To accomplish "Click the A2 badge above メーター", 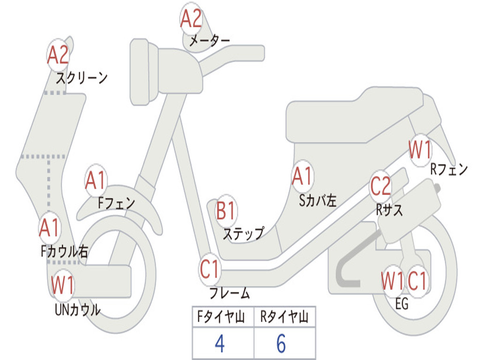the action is (191, 20).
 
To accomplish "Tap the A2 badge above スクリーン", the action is (58, 55).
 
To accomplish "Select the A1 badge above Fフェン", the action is (96, 180).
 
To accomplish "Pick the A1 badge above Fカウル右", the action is (49, 228).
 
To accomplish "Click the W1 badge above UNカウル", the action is (63, 285).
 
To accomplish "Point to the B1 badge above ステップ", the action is (226, 211).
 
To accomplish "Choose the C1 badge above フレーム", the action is (210, 270).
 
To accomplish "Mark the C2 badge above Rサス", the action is (380, 186).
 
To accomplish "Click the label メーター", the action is (210, 41).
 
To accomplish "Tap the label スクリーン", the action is (82, 78).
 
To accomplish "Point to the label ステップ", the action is (243, 233).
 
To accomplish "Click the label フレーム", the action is (230, 294).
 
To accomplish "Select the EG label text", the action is (402, 304).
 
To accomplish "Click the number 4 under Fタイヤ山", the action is (219, 344).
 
